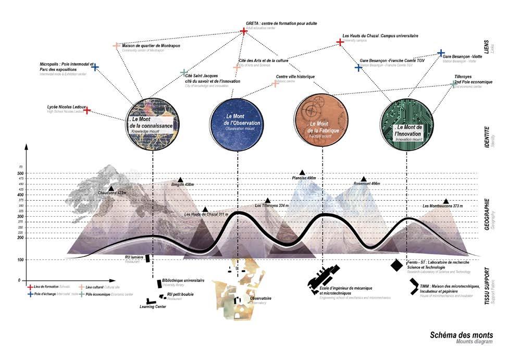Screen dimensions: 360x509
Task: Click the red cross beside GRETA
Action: pyautogui.click(x=243, y=32)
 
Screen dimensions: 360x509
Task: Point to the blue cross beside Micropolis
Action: pyautogui.click(x=95, y=67)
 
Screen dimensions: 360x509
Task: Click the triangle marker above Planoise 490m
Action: pyautogui.click(x=302, y=172)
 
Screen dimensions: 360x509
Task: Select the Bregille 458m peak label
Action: pyautogui.click(x=182, y=185)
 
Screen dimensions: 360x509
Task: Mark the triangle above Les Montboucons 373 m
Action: pyautogui.click(x=446, y=201)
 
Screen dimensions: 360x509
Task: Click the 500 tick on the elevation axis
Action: pyautogui.click(x=21, y=173)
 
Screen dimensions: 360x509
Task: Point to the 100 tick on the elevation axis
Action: pyautogui.click(x=21, y=259)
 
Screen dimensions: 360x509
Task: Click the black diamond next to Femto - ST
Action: pyautogui.click(x=396, y=265)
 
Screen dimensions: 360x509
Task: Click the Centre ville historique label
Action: pyautogui.click(x=295, y=77)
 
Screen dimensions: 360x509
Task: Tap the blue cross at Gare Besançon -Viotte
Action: pyautogui.click(x=441, y=53)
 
